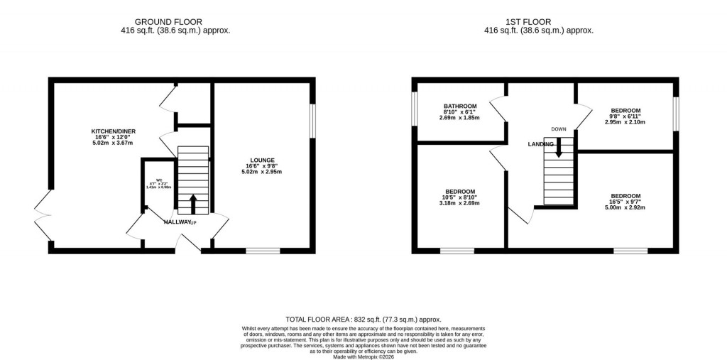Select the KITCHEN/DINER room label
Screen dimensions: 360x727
[114, 131]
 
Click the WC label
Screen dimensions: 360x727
[159, 180]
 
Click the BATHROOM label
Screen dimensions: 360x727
[461, 106]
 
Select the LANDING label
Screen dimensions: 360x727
[540, 144]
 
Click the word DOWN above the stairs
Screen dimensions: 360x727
[559, 129]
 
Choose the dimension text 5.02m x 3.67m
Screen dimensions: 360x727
[114, 144]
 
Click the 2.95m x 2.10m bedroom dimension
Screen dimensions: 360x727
[626, 122]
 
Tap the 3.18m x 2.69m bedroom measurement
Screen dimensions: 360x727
[460, 204]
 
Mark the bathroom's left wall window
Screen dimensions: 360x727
[415, 111]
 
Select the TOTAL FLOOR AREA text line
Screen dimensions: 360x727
[364, 320]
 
